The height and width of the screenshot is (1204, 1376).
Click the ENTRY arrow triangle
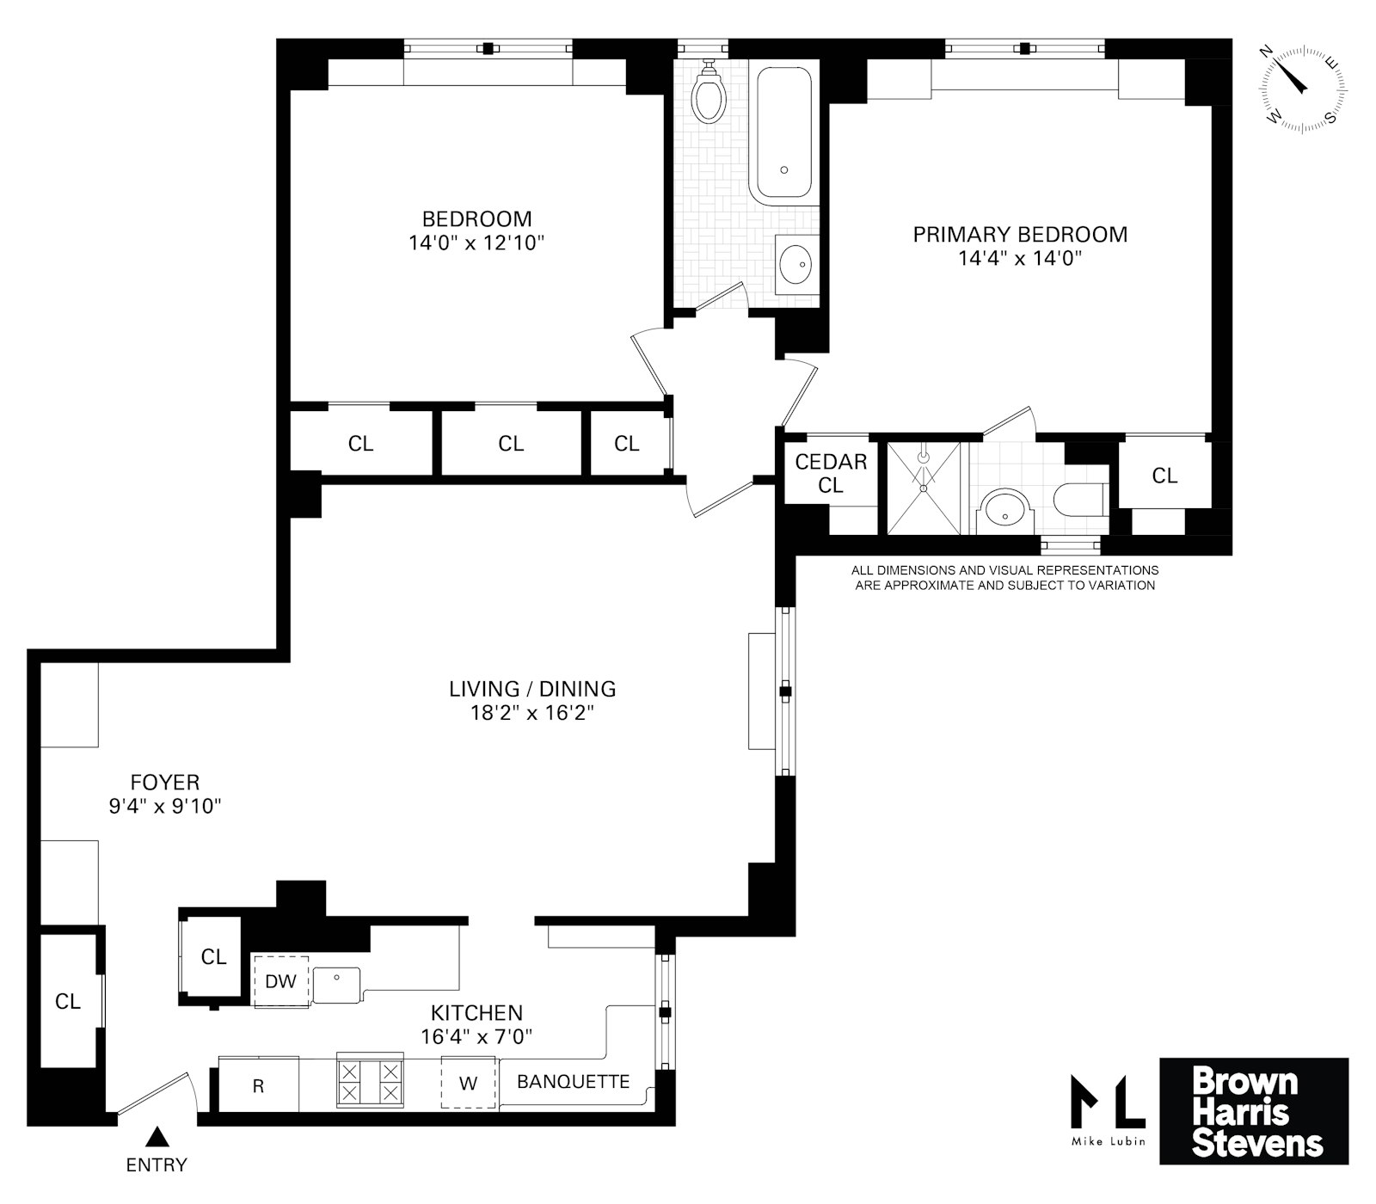(x=156, y=1138)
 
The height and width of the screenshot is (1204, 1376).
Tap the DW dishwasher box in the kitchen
(x=280, y=981)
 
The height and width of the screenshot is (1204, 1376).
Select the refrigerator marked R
(x=258, y=1086)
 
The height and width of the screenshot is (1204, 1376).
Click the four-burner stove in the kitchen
(x=370, y=1081)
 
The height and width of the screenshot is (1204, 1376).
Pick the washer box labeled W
(x=468, y=1084)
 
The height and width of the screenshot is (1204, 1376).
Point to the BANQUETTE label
(x=573, y=1082)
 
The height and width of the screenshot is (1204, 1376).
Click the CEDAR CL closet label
(x=831, y=474)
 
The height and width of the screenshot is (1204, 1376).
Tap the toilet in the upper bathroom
(x=709, y=93)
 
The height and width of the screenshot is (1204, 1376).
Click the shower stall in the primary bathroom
(x=924, y=488)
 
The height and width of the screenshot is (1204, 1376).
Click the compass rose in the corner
(x=1303, y=88)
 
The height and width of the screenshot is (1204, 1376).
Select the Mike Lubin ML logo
(x=1108, y=1104)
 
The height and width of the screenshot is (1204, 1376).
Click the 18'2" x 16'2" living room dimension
(x=532, y=713)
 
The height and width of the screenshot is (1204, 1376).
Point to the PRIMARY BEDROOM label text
(x=1020, y=235)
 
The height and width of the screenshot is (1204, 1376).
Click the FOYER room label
(x=165, y=783)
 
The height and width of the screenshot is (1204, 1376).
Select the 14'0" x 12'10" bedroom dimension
(x=477, y=243)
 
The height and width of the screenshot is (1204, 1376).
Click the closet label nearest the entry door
(x=68, y=1001)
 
